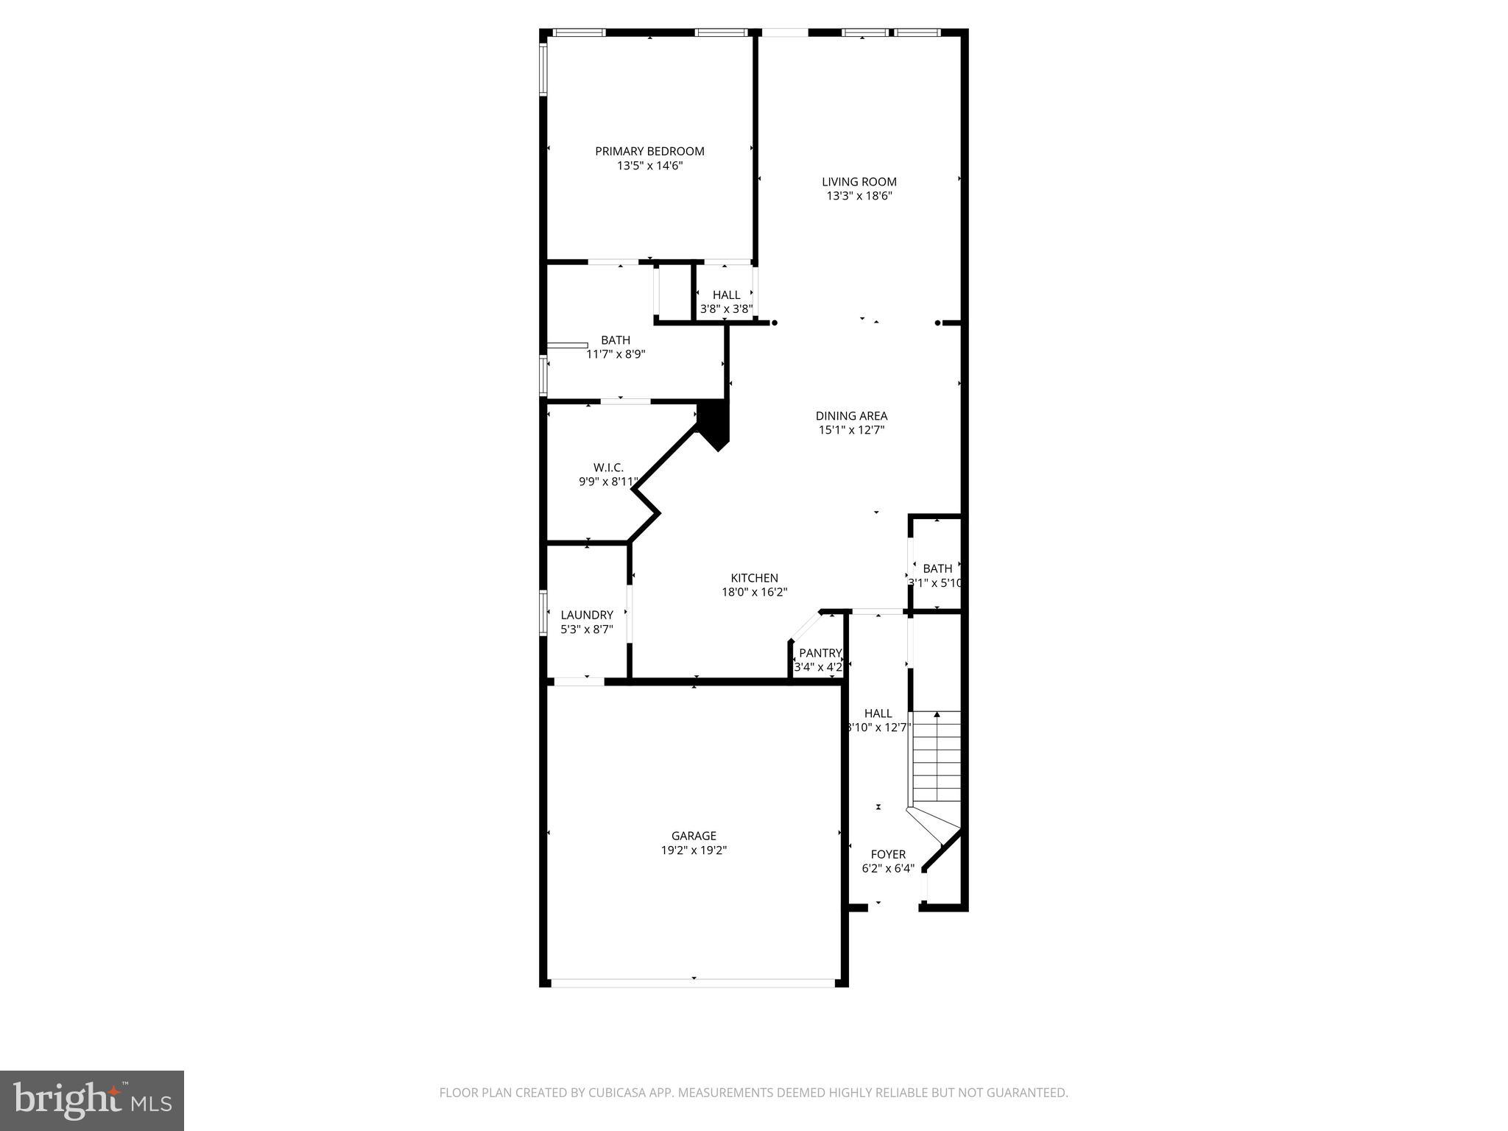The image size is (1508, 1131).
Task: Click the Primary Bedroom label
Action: (x=649, y=151)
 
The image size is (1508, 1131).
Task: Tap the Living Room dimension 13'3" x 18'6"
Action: (x=859, y=196)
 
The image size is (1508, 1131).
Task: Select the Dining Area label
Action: (x=851, y=416)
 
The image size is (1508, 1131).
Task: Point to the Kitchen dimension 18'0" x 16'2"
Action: (x=754, y=592)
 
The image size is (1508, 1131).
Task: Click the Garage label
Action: (x=694, y=836)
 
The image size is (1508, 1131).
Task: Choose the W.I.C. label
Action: (x=608, y=468)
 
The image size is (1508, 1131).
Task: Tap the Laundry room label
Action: (x=587, y=615)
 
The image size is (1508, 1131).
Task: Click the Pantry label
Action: (x=820, y=653)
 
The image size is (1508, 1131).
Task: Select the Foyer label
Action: (x=888, y=854)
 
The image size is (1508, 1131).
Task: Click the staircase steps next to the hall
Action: (x=937, y=758)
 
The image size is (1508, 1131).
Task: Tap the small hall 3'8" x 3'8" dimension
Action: (x=726, y=309)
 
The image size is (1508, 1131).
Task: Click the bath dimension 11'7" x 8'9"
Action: (x=616, y=354)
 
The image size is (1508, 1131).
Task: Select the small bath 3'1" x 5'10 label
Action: (x=937, y=568)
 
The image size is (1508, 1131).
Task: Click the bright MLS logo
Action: (x=92, y=1100)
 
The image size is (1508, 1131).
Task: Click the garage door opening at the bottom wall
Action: (x=694, y=982)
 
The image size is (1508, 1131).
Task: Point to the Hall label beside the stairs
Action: (x=878, y=714)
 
